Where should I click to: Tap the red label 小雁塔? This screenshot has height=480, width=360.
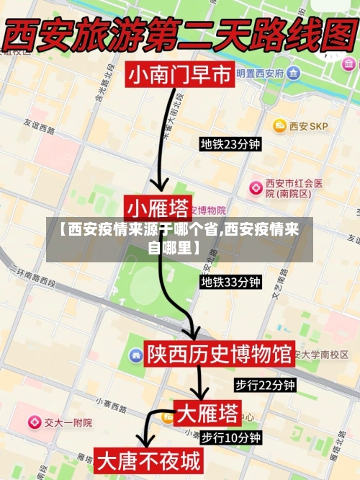(x=158, y=208)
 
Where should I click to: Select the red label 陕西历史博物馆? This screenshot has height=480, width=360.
(x=220, y=354)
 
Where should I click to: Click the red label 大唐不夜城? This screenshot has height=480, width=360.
(x=149, y=460)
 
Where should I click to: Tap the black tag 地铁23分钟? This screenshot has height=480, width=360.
(x=230, y=145)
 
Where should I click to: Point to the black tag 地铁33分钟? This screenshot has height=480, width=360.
(x=230, y=282)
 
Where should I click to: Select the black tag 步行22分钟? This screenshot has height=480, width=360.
(x=265, y=385)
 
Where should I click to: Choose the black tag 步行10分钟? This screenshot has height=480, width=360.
(x=230, y=437)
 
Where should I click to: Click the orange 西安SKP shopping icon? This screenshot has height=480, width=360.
(x=279, y=126)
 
